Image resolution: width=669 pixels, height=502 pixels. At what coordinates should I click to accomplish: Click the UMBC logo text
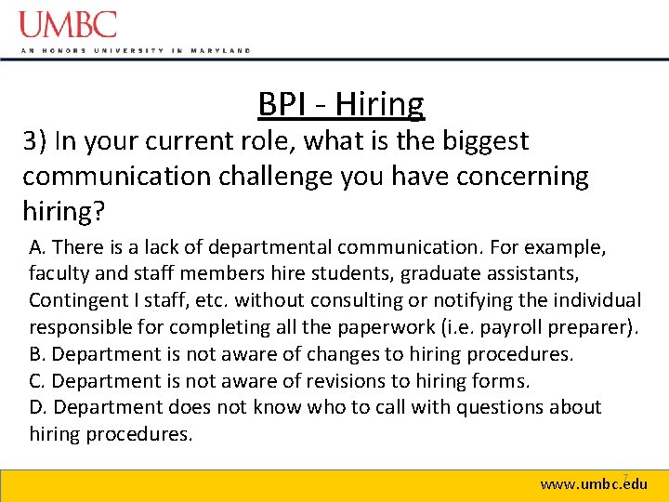coord(69,24)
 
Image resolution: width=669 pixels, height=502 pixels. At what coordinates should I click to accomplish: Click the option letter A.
coord(36,247)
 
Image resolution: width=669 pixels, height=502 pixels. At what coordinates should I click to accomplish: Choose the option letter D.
coord(37,407)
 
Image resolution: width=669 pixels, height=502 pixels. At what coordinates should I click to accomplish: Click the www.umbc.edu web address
coord(594,484)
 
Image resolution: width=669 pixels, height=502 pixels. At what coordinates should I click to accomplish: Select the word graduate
coord(436,274)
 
